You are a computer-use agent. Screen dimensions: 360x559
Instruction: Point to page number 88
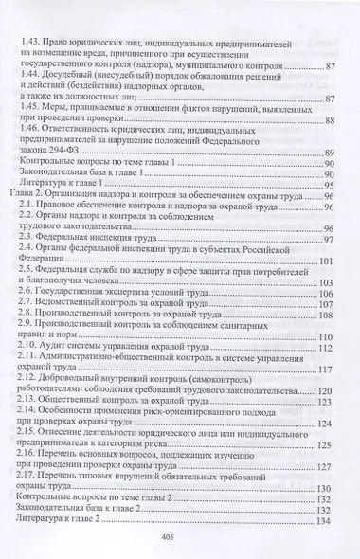tap(330, 123)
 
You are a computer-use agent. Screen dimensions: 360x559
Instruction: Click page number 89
tap(330, 153)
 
